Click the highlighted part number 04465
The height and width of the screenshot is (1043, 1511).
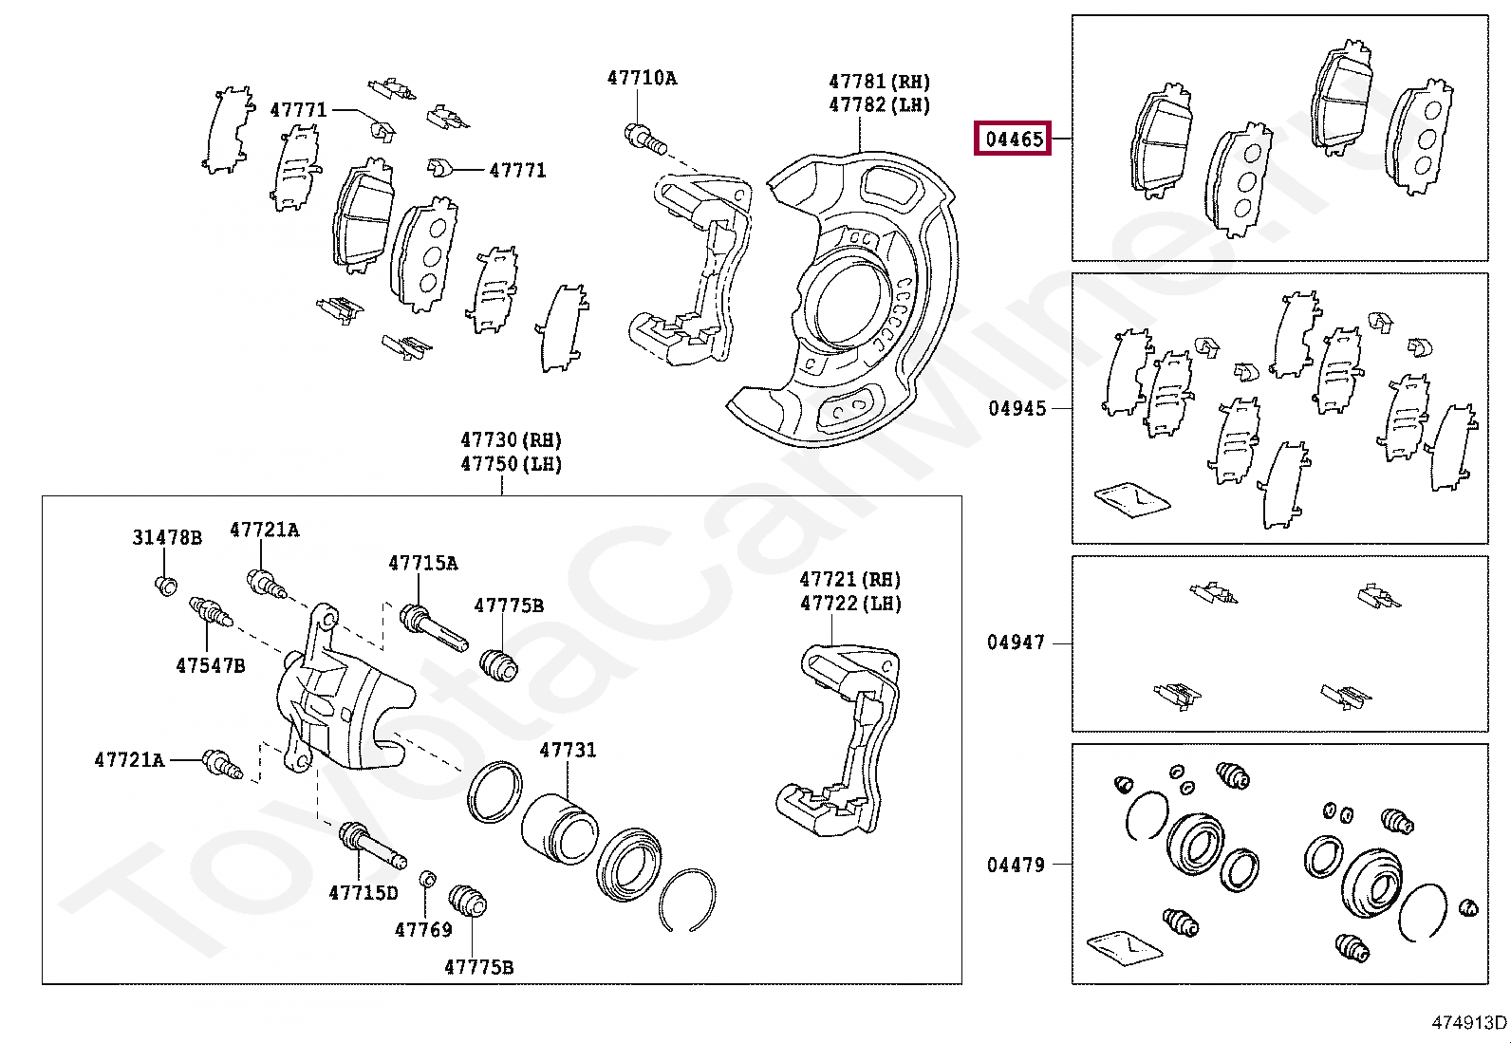[x=1015, y=140]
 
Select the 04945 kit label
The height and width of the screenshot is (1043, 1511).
[x=1017, y=409]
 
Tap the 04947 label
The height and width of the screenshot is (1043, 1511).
[x=1016, y=643]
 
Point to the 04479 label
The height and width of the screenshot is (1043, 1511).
[x=1016, y=865]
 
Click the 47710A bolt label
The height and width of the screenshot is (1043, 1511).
[x=642, y=79]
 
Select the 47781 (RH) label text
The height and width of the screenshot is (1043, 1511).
[x=879, y=83]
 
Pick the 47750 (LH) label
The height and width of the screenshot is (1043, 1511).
[x=511, y=464]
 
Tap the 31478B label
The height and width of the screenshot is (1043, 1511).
[x=166, y=538]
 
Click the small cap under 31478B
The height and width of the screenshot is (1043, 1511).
[x=166, y=584]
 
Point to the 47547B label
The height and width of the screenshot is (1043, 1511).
[x=210, y=665]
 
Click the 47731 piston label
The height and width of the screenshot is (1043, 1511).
[x=568, y=750]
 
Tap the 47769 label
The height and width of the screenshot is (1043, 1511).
[x=423, y=929]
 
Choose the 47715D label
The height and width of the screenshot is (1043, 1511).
[x=363, y=893]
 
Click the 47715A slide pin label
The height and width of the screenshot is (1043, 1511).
[x=422, y=564]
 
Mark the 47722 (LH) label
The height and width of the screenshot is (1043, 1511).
[x=849, y=604]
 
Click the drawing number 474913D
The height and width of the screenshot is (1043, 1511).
[x=1468, y=1022]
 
